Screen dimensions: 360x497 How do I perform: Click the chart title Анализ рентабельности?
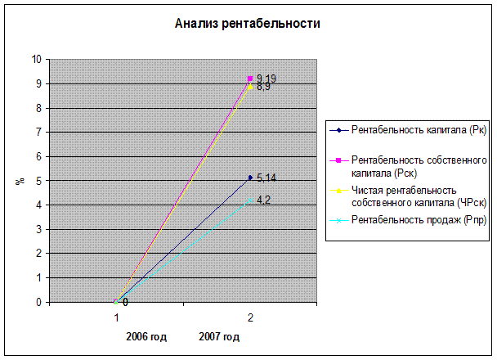(x=247, y=24)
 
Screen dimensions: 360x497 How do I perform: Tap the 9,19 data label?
(x=266, y=79)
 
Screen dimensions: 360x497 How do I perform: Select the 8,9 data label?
(x=263, y=87)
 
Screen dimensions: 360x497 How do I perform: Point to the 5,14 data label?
(x=266, y=177)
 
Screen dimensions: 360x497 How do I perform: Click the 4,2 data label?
(x=263, y=200)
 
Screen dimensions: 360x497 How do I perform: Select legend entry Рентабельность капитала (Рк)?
(x=407, y=130)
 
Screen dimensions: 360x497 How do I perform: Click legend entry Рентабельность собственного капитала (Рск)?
(x=407, y=166)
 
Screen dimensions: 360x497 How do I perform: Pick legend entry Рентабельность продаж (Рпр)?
(x=407, y=219)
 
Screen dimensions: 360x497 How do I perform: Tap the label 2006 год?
(x=146, y=336)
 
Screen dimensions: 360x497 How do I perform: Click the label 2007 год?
(x=219, y=336)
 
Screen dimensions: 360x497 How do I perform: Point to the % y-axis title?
(x=18, y=180)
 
